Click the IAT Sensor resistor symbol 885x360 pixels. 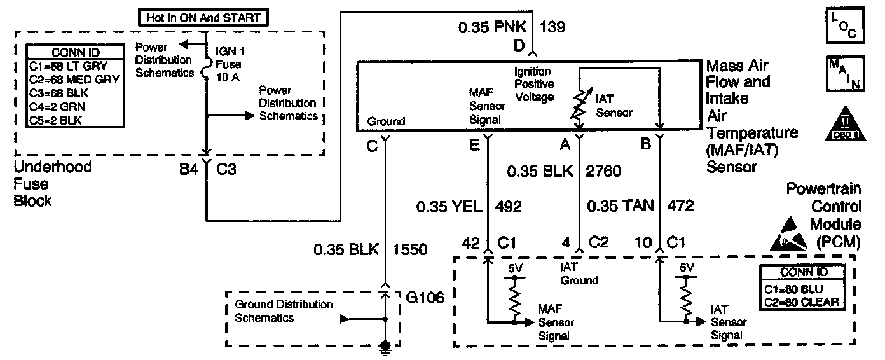tap(579, 106)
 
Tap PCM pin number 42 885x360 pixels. tap(470, 242)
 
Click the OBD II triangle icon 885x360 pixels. tap(844, 124)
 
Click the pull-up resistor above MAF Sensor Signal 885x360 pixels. tap(514, 299)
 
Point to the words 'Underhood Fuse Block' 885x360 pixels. tap(53, 184)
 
